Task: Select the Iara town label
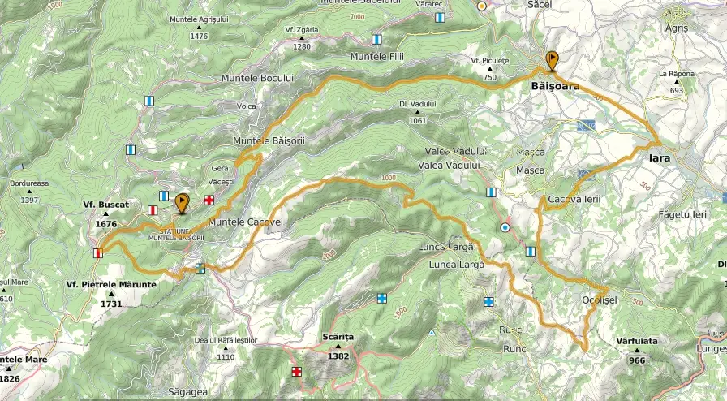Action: click(x=660, y=158)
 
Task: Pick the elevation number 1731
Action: click(x=111, y=304)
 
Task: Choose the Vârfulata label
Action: click(x=636, y=342)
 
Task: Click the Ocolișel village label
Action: click(x=600, y=299)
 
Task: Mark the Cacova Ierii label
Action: click(x=573, y=199)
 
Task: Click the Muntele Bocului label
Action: click(x=256, y=78)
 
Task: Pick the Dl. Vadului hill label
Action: click(x=418, y=104)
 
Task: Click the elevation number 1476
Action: click(x=199, y=36)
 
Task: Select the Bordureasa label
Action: click(x=29, y=183)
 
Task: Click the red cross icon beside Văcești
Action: click(x=209, y=200)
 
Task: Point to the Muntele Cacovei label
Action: click(x=244, y=222)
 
